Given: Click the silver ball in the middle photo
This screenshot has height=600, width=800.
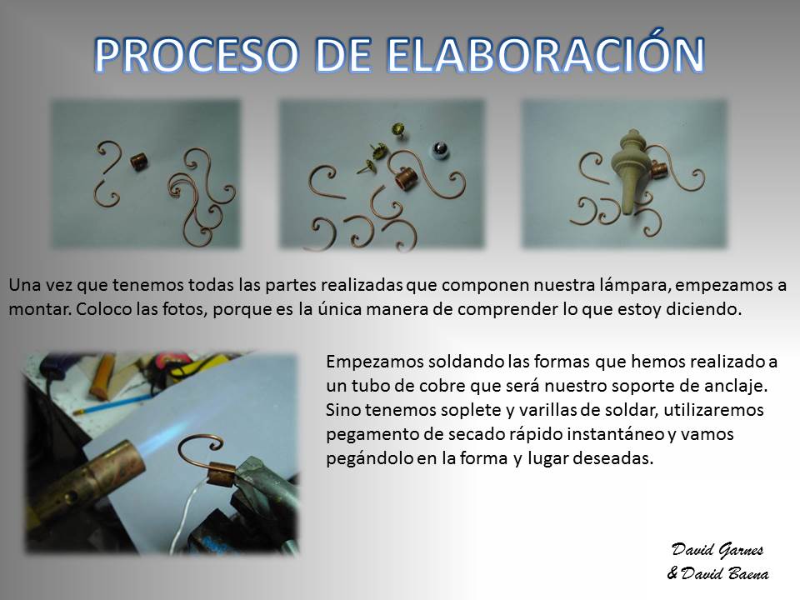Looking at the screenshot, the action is point(440,149).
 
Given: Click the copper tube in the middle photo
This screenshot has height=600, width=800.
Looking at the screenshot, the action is point(407,178).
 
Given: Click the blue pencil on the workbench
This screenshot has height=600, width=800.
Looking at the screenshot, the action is point(112,404).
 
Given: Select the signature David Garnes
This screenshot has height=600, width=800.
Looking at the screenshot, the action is point(717,550).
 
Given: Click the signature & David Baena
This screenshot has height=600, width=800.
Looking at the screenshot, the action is point(717,573).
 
